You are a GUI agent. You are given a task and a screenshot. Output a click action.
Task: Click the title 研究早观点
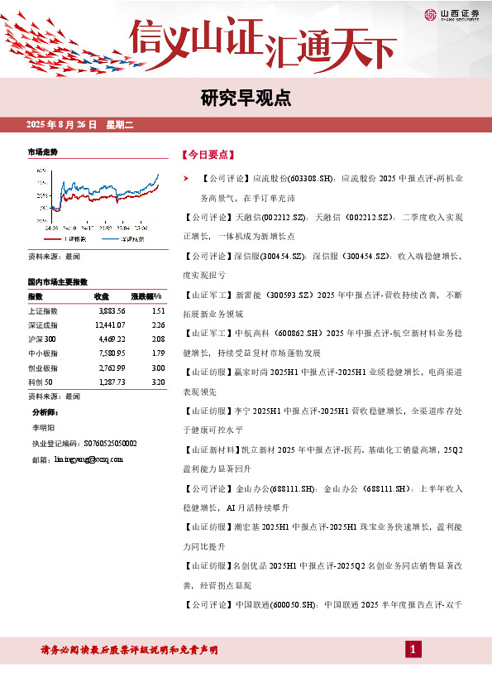(246, 99)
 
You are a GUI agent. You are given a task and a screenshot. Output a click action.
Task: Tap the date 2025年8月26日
(62, 125)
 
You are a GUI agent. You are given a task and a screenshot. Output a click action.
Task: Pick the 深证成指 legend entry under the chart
(127, 238)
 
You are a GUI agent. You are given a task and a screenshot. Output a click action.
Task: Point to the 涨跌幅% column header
(147, 296)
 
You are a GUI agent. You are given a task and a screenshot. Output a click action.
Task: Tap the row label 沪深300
(42, 339)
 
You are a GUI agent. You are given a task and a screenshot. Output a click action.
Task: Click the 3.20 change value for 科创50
(160, 382)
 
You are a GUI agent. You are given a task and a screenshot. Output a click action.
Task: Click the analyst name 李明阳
(42, 429)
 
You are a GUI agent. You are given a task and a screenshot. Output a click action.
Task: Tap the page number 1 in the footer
(411, 650)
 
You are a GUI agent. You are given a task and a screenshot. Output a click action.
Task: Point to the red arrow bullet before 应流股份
(186, 178)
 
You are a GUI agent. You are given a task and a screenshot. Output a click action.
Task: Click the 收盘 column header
(102, 296)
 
